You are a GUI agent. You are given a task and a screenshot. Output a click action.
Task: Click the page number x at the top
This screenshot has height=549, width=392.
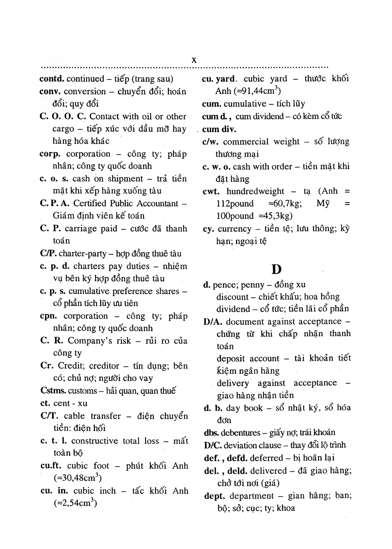point(194,60)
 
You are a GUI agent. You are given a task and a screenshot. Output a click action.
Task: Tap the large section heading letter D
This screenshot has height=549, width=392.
point(276,269)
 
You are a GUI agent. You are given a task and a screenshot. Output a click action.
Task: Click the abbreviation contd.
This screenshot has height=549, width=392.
point(52,79)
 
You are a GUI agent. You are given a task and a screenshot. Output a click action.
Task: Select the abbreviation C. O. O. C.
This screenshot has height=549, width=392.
point(63,116)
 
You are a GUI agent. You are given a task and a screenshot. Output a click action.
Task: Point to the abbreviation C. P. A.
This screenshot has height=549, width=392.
point(54,203)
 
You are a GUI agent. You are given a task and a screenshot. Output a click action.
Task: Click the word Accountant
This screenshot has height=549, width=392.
point(158,203)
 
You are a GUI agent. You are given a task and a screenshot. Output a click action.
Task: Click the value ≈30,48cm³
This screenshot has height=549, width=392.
point(78,478)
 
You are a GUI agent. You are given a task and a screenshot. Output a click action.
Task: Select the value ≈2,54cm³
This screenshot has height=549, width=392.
point(75,503)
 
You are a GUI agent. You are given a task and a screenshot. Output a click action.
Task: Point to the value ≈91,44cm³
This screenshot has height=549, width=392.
point(257,91)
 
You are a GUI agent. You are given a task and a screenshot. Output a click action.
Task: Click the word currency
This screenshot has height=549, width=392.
point(234,229)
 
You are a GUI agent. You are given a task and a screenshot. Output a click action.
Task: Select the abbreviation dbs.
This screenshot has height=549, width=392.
point(211,433)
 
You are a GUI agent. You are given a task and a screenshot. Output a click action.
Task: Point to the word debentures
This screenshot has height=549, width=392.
point(240,433)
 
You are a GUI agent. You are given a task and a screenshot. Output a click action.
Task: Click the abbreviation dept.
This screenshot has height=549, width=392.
point(214,496)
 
